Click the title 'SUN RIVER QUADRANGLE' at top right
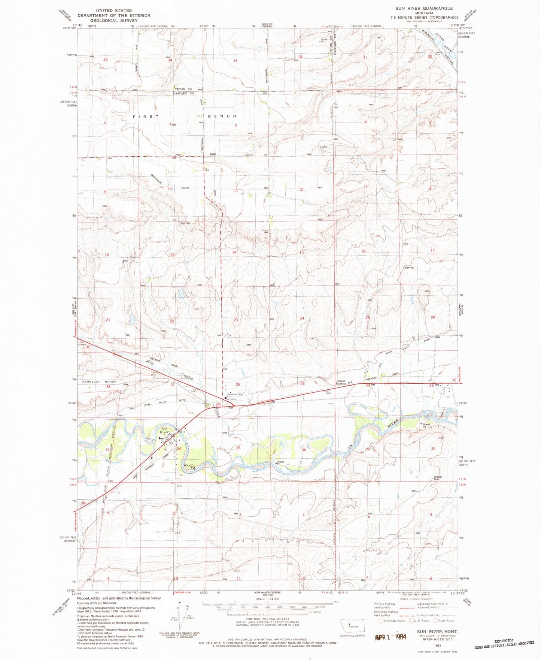click(424, 8)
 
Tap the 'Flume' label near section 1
click(323, 147)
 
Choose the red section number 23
click(235, 320)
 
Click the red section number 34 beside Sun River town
click(179, 449)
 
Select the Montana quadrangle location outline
click(352, 625)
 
